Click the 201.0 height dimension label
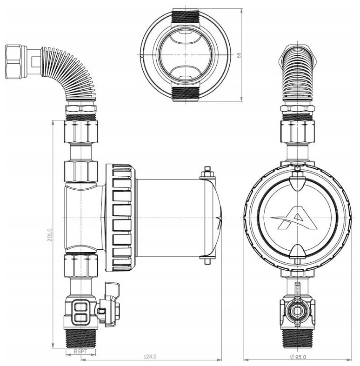[x=50, y=235]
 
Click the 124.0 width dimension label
[x=150, y=357]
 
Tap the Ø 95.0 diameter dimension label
[x=298, y=357]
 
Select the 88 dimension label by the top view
[x=239, y=55]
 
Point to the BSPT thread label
[x=80, y=351]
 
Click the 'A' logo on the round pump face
[x=294, y=218]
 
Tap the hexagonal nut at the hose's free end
[x=13, y=62]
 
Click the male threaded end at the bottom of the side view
[x=81, y=339]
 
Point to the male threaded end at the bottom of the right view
[x=297, y=339]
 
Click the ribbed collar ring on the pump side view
[x=120, y=218]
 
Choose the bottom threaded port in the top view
[x=186, y=94]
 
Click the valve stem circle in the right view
[x=297, y=311]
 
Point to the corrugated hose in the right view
[x=297, y=75]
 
